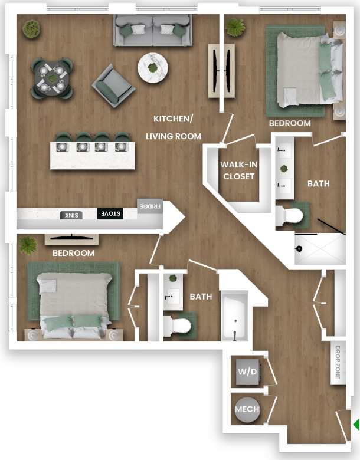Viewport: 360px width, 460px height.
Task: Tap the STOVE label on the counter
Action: coord(110,213)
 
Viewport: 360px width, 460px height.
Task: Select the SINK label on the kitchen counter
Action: coord(69,215)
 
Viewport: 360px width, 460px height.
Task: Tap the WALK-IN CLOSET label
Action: coord(237,170)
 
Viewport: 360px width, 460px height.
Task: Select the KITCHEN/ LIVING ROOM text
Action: coord(174,127)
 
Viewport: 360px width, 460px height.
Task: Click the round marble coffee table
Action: coord(153,68)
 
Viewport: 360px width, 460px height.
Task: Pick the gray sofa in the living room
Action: coord(153,30)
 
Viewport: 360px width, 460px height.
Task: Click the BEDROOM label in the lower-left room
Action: coord(73,253)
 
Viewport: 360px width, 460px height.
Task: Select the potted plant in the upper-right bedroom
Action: coord(235,27)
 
